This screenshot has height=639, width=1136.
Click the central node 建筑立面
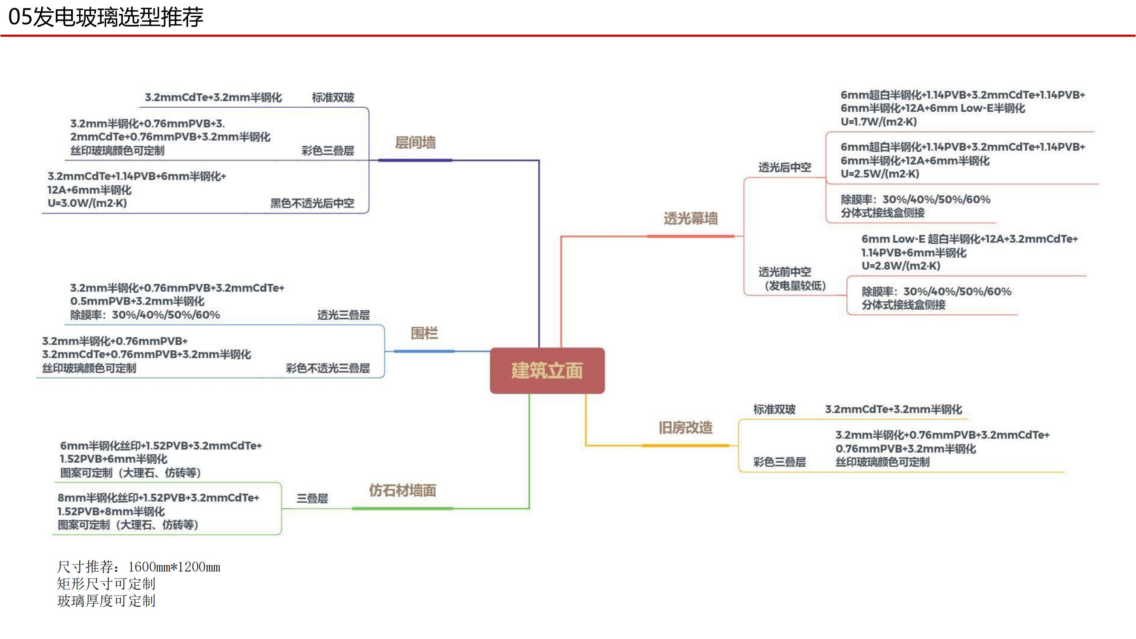(x=547, y=371)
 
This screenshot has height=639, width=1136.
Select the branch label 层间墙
(x=415, y=142)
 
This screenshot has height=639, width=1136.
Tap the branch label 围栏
(x=424, y=333)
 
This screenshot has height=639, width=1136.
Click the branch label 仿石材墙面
(x=402, y=490)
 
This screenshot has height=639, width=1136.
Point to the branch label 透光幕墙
(x=690, y=218)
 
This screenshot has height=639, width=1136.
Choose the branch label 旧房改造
(x=685, y=427)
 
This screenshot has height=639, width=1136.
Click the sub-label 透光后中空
(x=785, y=167)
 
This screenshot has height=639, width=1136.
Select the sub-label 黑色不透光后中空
(x=312, y=203)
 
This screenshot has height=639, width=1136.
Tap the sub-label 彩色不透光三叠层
(x=328, y=368)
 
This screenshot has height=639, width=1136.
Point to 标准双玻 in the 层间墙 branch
(x=333, y=98)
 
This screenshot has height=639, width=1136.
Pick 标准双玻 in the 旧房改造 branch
(x=774, y=409)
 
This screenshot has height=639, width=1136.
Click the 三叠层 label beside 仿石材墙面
(x=312, y=498)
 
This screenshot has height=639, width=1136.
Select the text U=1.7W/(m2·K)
(x=878, y=122)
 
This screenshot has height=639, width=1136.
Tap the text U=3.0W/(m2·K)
(x=87, y=203)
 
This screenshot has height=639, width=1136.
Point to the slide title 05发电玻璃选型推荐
(x=106, y=17)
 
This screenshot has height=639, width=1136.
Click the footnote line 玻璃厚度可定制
(x=106, y=601)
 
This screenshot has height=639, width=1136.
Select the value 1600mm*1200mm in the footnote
(x=174, y=567)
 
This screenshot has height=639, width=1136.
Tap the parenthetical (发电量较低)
(x=795, y=286)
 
